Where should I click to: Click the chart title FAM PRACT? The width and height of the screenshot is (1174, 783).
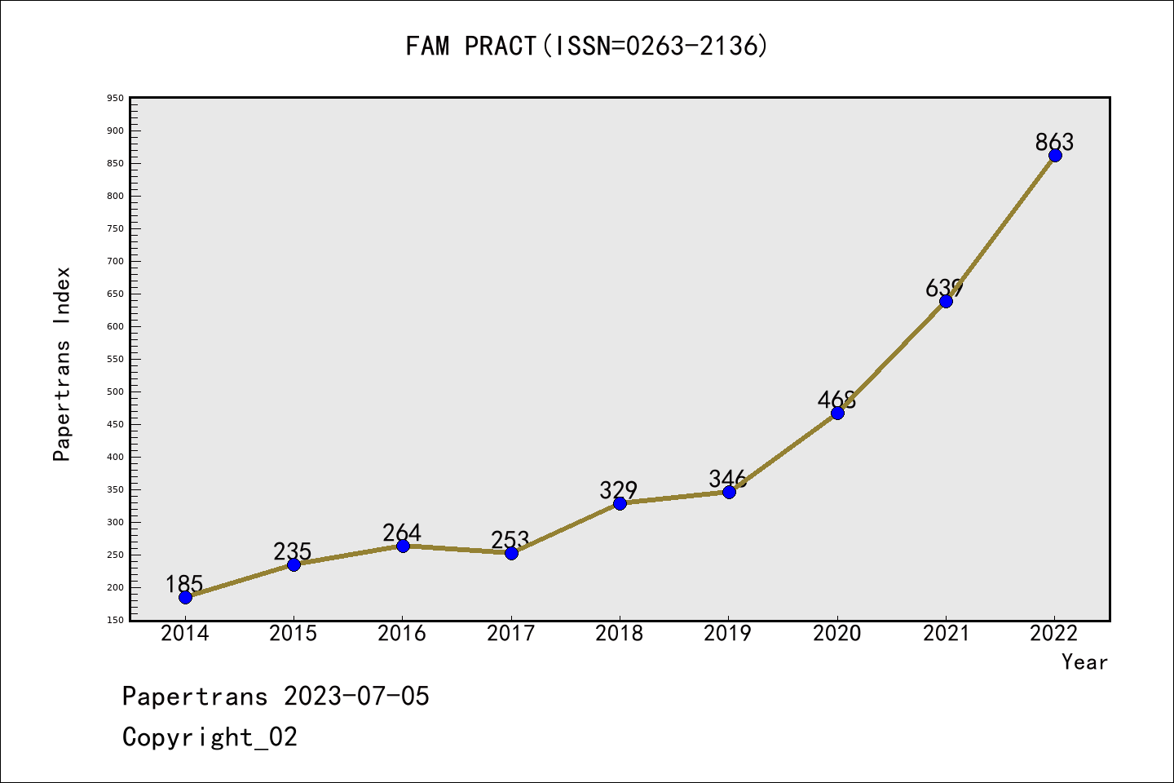586,46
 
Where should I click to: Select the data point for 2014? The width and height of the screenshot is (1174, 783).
185,597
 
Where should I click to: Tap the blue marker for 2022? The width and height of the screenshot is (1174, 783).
1055,155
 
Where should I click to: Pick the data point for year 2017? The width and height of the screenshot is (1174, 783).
511,553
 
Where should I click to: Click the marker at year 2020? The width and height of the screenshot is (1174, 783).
837,413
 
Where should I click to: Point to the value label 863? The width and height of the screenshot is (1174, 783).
1054,142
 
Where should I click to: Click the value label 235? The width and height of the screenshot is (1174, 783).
293,551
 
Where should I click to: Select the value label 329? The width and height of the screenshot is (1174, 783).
618,489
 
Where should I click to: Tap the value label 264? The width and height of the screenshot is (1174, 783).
402,533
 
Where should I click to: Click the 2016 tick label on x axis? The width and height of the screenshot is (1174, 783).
402,634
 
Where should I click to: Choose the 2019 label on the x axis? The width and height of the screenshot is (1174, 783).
728,634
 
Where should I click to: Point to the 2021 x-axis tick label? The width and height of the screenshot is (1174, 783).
946,634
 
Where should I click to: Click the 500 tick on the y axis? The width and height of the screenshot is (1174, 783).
115,391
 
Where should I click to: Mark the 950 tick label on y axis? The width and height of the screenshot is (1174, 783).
115,98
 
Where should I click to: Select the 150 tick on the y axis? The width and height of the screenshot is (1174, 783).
115,620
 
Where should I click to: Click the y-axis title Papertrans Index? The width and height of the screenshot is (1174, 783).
62,364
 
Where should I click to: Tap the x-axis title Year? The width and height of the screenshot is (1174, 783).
1084,662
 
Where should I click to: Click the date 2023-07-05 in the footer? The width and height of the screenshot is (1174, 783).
356,697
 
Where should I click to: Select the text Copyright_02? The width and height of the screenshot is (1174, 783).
210,737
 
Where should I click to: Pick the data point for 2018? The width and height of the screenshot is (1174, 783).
620,503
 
